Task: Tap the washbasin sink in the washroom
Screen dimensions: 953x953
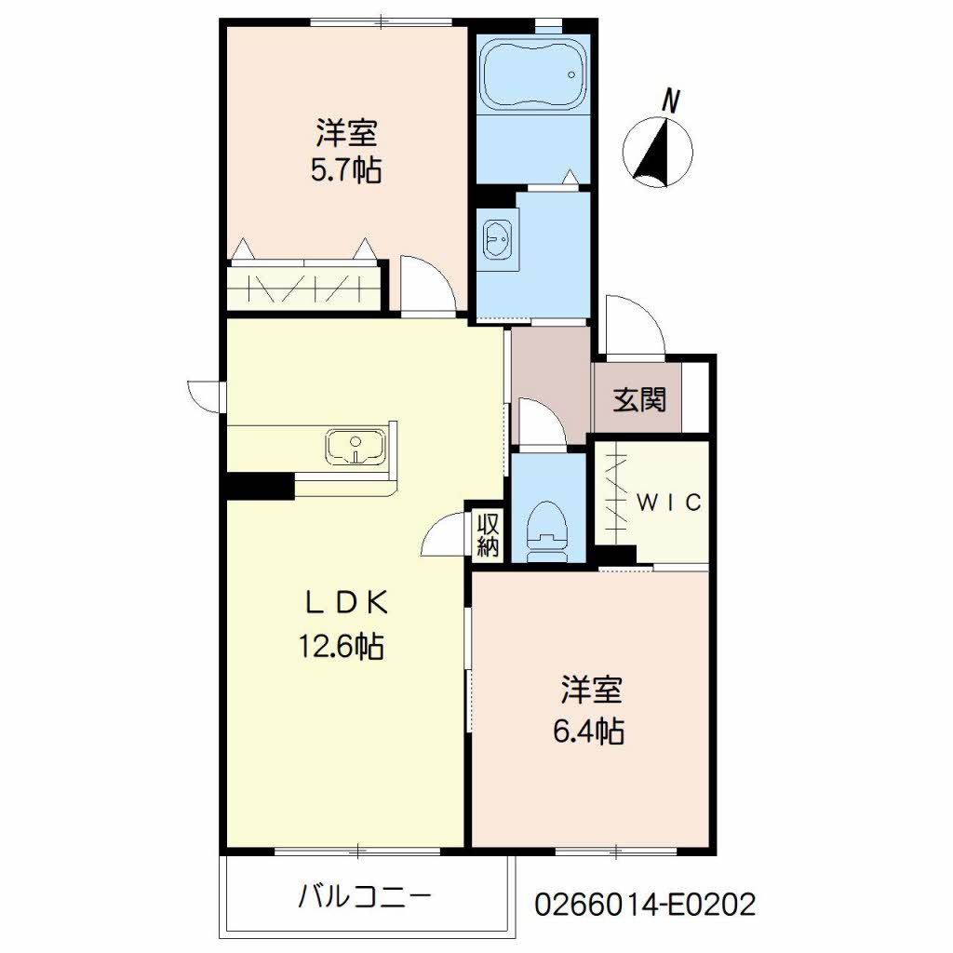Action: (498, 239)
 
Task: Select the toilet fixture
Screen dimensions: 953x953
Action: (547, 532)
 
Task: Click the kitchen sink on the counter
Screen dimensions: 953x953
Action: (356, 448)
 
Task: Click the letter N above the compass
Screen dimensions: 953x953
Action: (670, 101)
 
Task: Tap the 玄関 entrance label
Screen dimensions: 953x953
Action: (639, 400)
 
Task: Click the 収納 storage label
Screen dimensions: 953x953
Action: (488, 535)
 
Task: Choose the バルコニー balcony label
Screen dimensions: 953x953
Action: (365, 897)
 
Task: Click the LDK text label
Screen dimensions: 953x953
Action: (346, 603)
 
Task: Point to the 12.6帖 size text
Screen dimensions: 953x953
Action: (341, 646)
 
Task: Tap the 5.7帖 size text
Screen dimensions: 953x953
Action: (346, 171)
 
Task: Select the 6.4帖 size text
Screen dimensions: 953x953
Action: (588, 732)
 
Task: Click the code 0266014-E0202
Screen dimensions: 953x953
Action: (645, 904)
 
